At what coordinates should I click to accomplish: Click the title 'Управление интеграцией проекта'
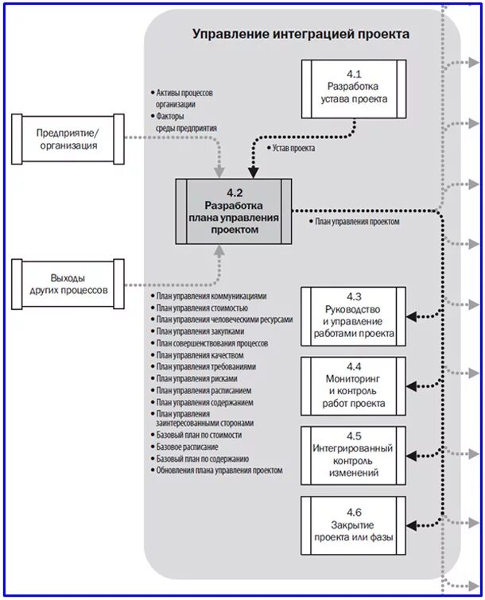[301, 34]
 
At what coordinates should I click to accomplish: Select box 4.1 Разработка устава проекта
[353, 87]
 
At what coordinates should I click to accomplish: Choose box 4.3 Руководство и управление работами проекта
[353, 315]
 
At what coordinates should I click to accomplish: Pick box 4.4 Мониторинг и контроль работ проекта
[353, 385]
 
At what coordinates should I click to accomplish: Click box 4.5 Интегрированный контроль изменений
[353, 455]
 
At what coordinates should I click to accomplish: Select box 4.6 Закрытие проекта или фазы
[353, 525]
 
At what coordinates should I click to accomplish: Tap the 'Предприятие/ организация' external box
[67, 138]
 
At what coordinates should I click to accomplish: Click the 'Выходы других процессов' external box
[67, 285]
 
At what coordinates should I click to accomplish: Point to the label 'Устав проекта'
[292, 149]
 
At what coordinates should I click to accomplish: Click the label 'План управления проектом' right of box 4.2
[356, 223]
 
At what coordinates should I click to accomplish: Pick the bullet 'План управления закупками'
[200, 331]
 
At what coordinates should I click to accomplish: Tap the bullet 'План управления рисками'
[196, 379]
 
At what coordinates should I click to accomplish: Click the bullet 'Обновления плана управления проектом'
[219, 470]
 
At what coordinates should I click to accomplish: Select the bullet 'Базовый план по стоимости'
[199, 435]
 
